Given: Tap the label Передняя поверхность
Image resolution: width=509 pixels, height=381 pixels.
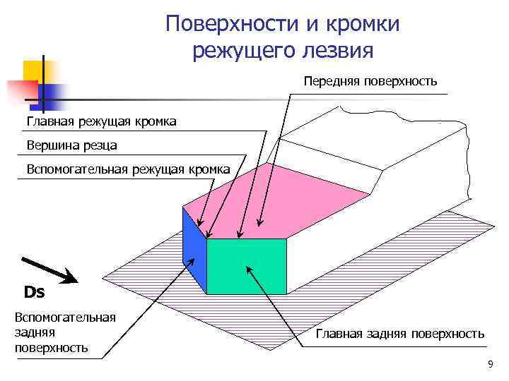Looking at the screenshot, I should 371,81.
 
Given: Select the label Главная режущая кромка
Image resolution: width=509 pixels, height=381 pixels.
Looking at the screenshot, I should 102,122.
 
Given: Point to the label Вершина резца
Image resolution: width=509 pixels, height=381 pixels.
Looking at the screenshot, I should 71,146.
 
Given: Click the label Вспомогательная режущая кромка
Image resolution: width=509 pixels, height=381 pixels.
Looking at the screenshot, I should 128,169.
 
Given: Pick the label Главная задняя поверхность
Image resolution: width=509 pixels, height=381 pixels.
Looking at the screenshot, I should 399,334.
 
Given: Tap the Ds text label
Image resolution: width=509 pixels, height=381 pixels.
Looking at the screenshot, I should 34,292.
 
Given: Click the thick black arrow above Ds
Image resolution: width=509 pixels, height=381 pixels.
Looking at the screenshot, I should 50,270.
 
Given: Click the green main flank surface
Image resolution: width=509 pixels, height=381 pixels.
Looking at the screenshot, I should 246,266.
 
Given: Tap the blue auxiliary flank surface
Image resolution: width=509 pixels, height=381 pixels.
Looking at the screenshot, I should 193,243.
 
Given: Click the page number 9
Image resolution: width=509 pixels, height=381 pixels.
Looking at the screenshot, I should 490,364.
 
